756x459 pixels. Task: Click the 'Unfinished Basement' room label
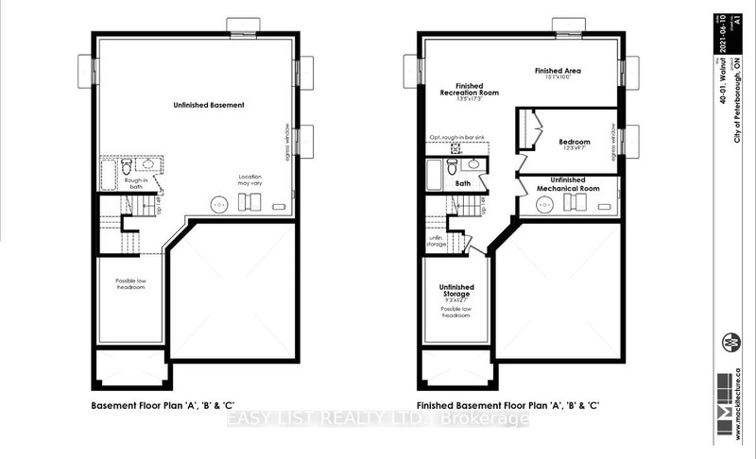tap(210, 105)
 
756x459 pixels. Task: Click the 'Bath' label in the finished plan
tap(463, 184)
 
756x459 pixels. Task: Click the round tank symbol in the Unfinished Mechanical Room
tap(542, 203)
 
